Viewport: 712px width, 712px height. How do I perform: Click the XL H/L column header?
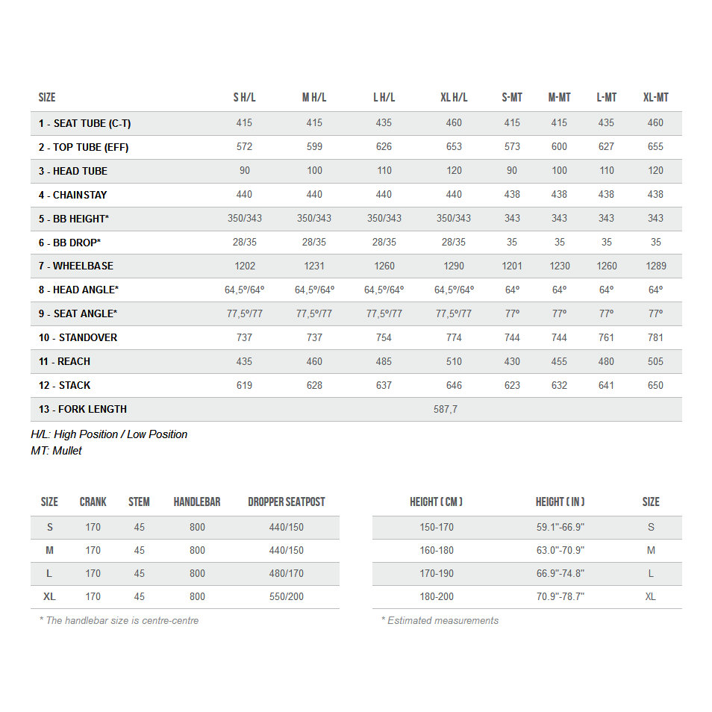454,98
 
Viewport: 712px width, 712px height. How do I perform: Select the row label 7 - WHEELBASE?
76,266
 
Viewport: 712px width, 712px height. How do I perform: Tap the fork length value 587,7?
446,409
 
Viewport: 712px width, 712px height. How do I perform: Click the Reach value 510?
454,361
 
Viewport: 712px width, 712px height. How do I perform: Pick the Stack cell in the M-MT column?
559,385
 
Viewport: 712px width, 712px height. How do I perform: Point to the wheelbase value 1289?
655,266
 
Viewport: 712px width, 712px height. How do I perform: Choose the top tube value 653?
454,147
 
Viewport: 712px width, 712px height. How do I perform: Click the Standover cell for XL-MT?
655,337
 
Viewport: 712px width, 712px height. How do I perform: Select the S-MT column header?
512,98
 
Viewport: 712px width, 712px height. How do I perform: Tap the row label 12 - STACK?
65,385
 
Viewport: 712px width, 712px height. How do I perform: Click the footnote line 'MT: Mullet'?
57,451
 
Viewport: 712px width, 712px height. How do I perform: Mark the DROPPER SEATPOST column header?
287,502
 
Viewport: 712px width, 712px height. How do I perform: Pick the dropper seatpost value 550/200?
287,596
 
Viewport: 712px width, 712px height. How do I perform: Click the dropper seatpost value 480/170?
287,573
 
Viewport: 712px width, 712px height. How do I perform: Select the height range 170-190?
437,573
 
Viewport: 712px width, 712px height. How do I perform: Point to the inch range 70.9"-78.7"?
560,596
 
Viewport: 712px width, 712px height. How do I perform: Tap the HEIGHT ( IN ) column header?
560,502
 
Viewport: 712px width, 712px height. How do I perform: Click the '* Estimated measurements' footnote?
440,620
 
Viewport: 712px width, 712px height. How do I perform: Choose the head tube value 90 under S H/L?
244,171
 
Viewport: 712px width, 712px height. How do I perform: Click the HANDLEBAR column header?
197,502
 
